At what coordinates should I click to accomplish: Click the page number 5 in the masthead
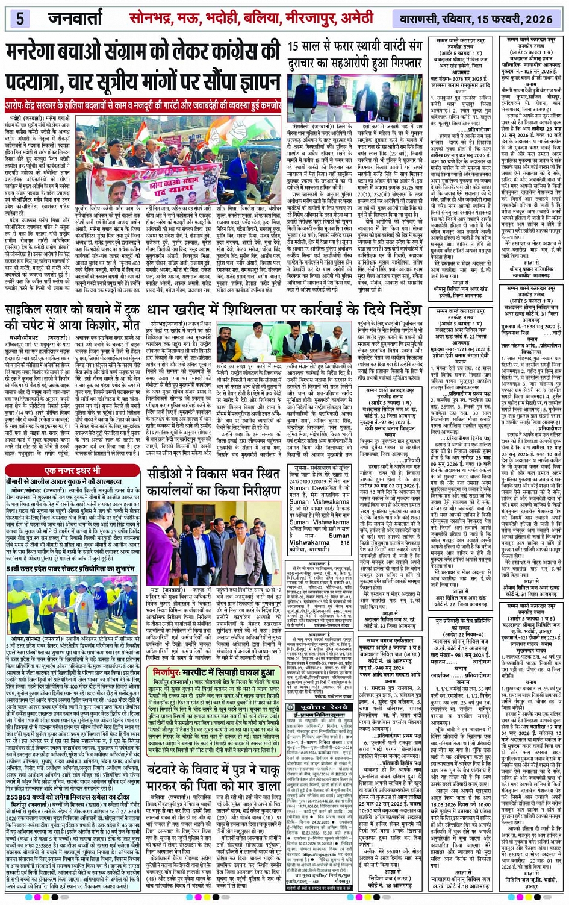20,18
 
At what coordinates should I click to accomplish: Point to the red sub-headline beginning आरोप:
143,103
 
